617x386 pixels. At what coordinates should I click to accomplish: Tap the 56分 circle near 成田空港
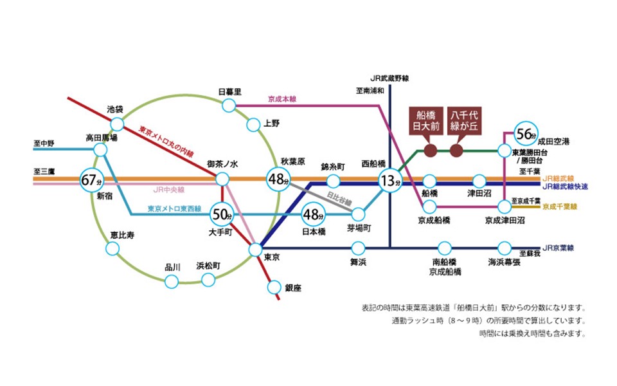pyautogui.click(x=524, y=134)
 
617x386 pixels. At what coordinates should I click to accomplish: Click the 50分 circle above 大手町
pyautogui.click(x=222, y=214)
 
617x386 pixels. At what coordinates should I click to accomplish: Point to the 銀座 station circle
pyautogui.click(x=274, y=288)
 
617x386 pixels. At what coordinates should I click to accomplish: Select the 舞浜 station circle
pyautogui.click(x=358, y=248)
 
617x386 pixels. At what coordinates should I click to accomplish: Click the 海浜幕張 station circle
pyautogui.click(x=504, y=248)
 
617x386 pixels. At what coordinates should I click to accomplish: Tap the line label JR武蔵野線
pyautogui.click(x=389, y=75)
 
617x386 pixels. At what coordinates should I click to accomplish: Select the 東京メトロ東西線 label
pyautogui.click(x=174, y=208)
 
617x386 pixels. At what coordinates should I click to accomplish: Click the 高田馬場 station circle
pyautogui.click(x=100, y=150)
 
